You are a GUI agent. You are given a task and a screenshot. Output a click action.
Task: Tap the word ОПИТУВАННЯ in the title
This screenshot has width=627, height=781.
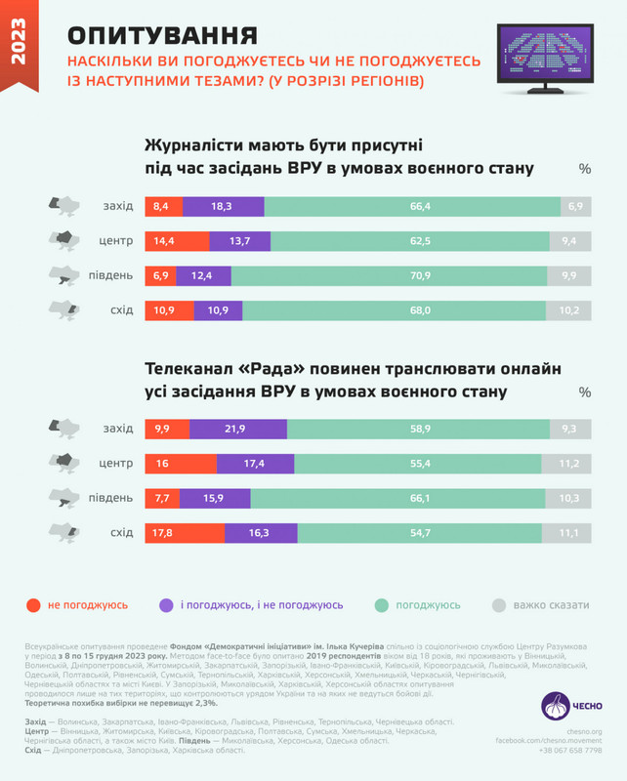coord(162,36)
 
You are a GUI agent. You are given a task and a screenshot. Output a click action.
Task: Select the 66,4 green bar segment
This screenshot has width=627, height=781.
coord(411,207)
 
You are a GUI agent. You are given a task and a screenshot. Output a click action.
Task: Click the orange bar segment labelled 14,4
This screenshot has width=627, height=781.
coord(176,241)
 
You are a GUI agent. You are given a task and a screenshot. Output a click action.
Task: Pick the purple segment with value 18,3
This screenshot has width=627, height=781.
coord(223,207)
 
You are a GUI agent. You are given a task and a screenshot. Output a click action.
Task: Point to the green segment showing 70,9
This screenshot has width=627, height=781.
coord(396,276)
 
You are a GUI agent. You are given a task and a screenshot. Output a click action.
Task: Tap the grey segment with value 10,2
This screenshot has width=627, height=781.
coord(569,310)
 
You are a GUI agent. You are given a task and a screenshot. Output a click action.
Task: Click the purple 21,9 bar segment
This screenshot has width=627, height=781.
coord(237,429)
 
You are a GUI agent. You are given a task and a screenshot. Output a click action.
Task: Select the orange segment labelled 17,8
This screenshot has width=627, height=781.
coord(184,532)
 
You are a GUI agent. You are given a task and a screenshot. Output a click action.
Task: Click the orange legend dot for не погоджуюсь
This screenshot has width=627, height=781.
coord(34,605)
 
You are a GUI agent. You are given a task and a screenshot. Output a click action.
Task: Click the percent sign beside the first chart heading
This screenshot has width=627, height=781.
coord(584,168)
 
